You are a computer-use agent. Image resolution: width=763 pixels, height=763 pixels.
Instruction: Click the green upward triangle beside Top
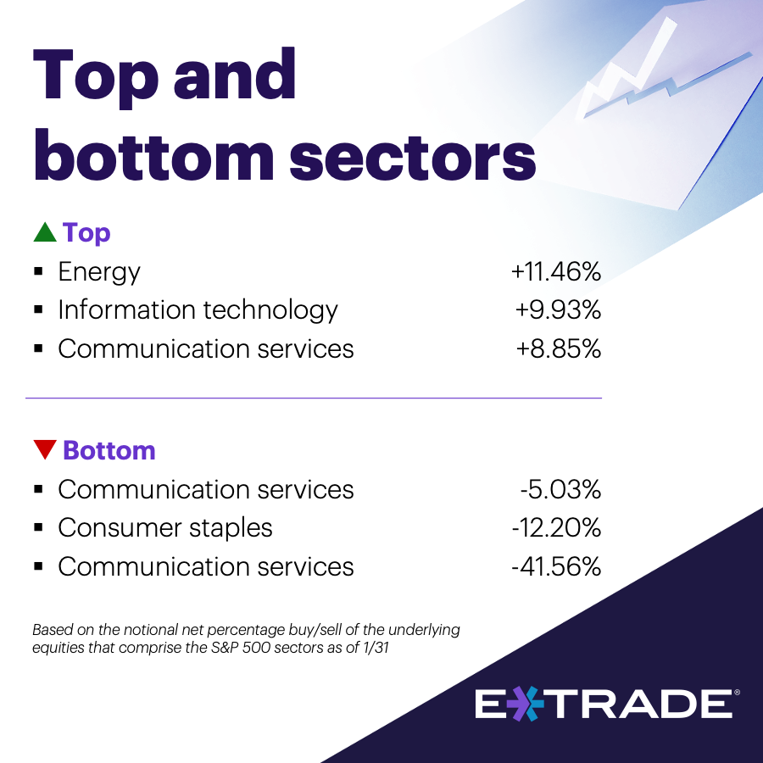point(45,232)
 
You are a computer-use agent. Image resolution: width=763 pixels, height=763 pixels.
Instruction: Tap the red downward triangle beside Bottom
point(45,449)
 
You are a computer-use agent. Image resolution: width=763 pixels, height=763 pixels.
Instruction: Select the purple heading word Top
point(86,233)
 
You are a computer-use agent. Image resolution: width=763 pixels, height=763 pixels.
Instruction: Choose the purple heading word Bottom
point(109,450)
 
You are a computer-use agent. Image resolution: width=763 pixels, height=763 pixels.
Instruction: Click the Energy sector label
point(99,271)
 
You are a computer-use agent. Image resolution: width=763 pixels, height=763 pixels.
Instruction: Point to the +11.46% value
point(556,271)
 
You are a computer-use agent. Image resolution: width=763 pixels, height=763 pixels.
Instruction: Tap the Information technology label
point(198,310)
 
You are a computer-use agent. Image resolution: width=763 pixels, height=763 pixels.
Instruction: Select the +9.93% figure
point(558,310)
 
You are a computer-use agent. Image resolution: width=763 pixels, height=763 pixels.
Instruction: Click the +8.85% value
point(559,349)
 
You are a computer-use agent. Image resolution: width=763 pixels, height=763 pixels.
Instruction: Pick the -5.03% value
point(560,489)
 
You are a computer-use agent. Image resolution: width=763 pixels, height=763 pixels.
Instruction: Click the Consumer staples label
point(165,528)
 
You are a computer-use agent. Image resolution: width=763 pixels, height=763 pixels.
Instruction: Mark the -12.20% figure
point(556,528)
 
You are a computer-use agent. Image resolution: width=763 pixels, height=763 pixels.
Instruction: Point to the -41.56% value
point(556,567)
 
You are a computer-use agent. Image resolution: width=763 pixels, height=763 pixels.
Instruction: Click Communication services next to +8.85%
point(206,349)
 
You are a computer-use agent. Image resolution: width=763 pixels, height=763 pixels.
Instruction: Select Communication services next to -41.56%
point(206,567)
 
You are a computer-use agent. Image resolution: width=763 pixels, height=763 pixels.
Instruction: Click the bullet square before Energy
point(38,271)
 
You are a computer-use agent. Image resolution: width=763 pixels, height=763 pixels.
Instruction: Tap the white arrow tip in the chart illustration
point(670,22)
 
